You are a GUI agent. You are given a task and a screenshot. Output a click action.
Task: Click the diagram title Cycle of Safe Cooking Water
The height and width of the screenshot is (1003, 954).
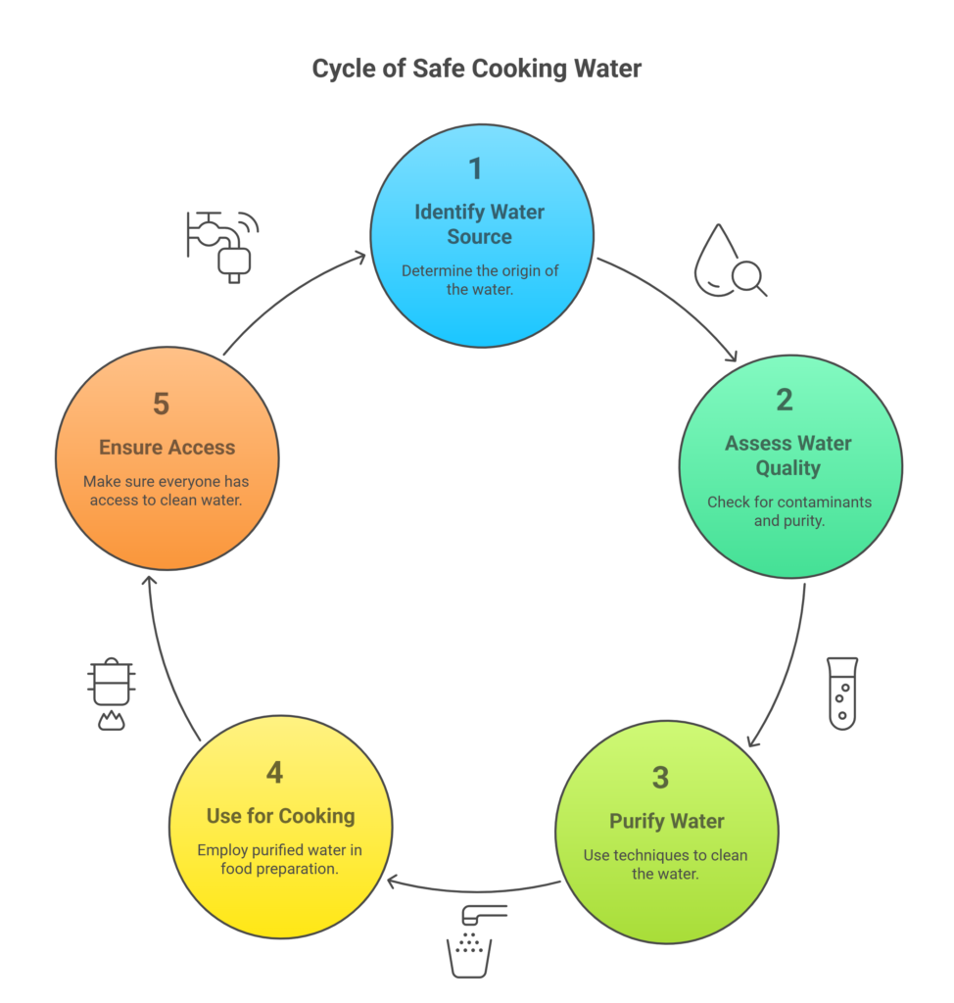coord(477,69)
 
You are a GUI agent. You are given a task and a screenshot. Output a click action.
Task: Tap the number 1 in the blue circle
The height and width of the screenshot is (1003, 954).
coord(475,168)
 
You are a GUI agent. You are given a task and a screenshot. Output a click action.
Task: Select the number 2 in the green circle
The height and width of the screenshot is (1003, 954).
coord(785,401)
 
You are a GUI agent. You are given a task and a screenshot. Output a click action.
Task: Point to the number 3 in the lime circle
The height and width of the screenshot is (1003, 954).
coord(660,778)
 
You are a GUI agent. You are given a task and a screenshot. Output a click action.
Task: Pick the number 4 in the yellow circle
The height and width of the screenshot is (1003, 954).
coord(274,773)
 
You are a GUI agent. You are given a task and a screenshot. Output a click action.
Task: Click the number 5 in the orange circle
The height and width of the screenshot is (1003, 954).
coord(162,405)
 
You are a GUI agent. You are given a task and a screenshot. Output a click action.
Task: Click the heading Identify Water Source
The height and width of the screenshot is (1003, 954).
coord(480,224)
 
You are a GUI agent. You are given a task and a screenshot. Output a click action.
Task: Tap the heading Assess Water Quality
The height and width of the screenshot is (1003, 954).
coord(788,455)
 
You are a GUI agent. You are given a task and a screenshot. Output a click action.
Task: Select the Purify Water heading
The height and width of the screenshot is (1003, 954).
coord(667,822)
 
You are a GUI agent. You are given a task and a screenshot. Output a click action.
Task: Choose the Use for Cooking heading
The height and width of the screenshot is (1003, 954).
coord(281,816)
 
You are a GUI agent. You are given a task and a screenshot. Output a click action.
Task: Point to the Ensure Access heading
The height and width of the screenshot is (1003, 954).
coord(167,447)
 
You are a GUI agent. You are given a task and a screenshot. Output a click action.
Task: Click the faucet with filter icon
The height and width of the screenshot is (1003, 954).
coord(222,247)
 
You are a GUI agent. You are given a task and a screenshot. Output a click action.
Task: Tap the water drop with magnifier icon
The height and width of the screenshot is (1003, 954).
coord(730,261)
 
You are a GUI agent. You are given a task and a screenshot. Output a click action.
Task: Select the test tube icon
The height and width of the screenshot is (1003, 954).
coord(842,693)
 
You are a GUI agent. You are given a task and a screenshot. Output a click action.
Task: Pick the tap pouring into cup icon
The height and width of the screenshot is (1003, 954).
coord(473,941)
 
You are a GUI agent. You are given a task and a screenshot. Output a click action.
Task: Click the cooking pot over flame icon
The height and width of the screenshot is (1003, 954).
coord(112,694)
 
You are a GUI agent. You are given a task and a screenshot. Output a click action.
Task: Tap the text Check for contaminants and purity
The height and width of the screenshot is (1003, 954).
coord(789,511)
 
